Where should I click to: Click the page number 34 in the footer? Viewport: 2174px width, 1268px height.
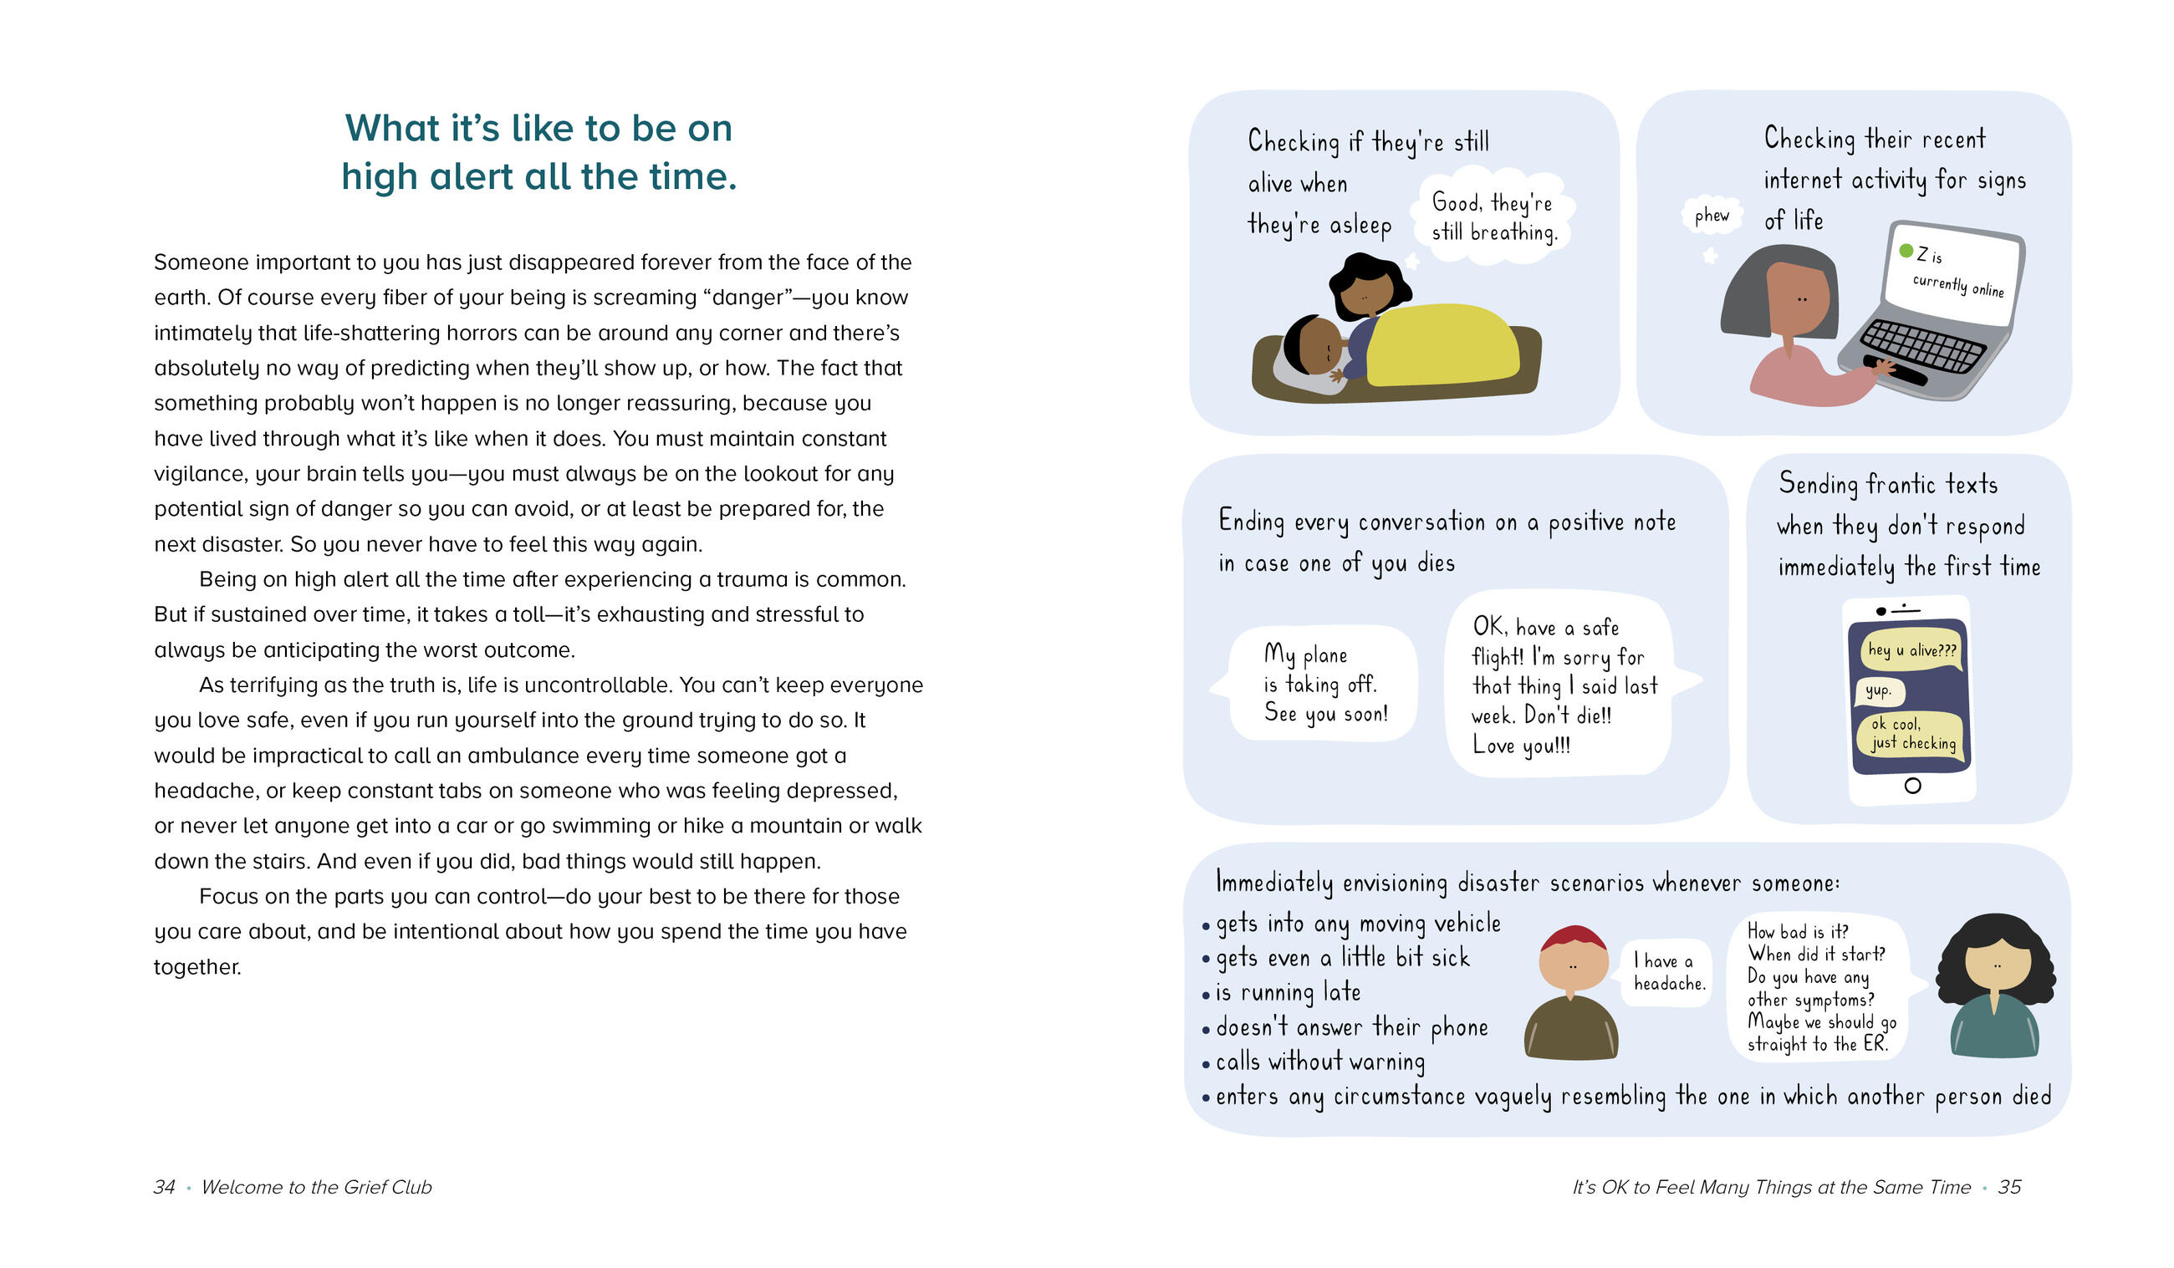[164, 1187]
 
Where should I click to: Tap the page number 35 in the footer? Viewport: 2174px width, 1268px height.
[2009, 1187]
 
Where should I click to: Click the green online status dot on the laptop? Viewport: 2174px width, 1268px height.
[1906, 251]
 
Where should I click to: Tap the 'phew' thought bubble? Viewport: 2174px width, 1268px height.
[1712, 216]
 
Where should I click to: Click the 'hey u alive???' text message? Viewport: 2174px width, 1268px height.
[1911, 649]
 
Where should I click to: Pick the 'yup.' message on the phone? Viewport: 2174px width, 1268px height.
[1878, 690]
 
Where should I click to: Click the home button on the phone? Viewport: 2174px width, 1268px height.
[1912, 786]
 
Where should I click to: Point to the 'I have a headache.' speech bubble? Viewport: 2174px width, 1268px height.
[1669, 972]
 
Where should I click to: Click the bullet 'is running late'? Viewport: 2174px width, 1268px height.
[1288, 993]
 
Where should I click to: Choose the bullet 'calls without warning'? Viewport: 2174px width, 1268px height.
[1319, 1062]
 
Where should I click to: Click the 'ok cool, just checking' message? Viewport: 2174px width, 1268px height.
[1912, 734]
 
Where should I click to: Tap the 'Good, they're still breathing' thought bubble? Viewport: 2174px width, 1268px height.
[1494, 217]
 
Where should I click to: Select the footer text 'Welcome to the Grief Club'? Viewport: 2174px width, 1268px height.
[317, 1187]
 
